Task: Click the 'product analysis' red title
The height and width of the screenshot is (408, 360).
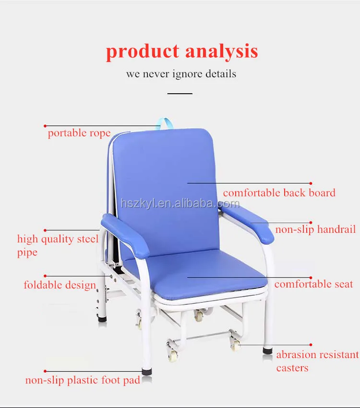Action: tap(181, 51)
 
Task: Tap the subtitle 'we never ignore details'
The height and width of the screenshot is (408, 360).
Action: tap(181, 74)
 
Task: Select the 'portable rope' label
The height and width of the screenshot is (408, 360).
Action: tap(79, 133)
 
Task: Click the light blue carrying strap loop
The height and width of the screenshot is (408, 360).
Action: tap(167, 123)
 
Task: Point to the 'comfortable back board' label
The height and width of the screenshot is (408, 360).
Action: tap(279, 193)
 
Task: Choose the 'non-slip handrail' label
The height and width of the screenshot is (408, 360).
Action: tap(315, 229)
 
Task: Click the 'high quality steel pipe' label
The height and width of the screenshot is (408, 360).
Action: tap(58, 245)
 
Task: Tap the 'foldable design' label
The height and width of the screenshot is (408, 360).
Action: tap(60, 285)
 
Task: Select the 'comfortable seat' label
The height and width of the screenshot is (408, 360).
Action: tap(313, 284)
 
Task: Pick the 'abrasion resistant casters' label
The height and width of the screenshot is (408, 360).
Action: tap(317, 361)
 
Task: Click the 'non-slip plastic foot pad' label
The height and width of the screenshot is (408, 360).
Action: tap(83, 381)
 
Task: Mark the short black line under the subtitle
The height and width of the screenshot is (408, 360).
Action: tap(180, 93)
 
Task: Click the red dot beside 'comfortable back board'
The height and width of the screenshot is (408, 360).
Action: tap(311, 183)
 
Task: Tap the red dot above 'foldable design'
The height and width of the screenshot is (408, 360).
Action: tap(45, 276)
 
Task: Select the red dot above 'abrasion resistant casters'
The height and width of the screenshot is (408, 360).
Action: tap(311, 345)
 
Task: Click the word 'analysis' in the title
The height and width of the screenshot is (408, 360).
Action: tap(221, 51)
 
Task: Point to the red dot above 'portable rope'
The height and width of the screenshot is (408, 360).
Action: tap(45, 126)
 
